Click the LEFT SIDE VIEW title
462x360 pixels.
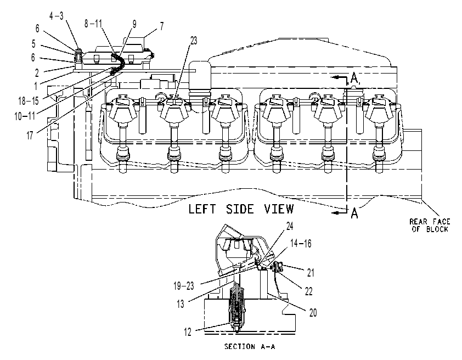(x=241, y=209)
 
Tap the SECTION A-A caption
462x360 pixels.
(x=250, y=346)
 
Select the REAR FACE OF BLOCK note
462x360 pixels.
(x=430, y=226)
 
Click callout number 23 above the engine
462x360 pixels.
(x=194, y=41)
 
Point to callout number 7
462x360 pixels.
(x=162, y=26)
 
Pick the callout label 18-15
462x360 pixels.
(x=29, y=101)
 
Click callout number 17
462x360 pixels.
(x=30, y=136)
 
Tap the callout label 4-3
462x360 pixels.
(x=57, y=16)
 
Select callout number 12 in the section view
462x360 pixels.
(x=188, y=332)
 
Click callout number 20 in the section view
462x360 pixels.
(x=313, y=313)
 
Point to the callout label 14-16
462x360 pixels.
(x=301, y=244)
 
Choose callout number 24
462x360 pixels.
(x=290, y=226)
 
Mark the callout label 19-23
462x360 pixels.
(x=184, y=286)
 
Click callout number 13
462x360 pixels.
(x=181, y=303)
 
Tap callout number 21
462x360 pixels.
(x=311, y=273)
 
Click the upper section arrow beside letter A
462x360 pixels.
(x=339, y=77)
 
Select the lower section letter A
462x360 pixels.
(x=354, y=213)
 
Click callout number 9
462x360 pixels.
(x=134, y=24)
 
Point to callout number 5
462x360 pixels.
(x=33, y=44)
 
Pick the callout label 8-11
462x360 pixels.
(x=93, y=24)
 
